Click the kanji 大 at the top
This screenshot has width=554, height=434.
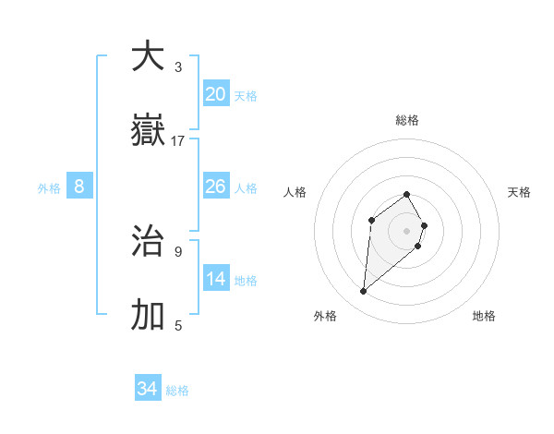click(148, 56)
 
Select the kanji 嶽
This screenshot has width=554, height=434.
click(148, 130)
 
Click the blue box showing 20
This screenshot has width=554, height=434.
click(216, 94)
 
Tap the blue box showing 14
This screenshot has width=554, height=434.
click(216, 280)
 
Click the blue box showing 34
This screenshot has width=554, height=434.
click(148, 390)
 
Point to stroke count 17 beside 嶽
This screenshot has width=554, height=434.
click(178, 141)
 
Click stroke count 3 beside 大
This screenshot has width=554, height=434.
click(178, 67)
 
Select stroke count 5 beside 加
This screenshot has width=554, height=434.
click(178, 326)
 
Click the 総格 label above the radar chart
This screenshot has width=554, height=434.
click(407, 120)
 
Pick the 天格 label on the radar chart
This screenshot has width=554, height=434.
click(520, 192)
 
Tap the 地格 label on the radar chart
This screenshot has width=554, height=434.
click(484, 316)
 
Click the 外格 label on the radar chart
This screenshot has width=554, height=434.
click(325, 316)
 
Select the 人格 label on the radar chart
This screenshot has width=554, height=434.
click(295, 192)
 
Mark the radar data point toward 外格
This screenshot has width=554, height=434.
click(364, 292)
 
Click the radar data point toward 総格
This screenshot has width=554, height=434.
click(407, 194)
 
